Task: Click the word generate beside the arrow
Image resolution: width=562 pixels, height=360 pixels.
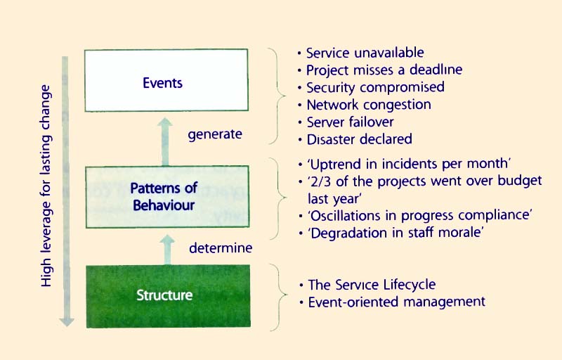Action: [x=215, y=134]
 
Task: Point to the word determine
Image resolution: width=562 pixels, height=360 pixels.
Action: [x=221, y=247]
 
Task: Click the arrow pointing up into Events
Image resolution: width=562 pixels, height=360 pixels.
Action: [x=164, y=141]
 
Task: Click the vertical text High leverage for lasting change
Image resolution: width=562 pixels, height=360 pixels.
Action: [x=47, y=186]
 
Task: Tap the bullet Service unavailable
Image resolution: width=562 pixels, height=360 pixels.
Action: [x=365, y=52]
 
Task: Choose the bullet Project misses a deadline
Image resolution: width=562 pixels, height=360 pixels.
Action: [x=384, y=70]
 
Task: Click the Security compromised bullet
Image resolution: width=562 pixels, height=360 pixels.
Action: [x=375, y=87]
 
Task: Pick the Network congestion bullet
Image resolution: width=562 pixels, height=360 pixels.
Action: [x=369, y=105]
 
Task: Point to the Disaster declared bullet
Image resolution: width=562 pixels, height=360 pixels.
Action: [x=359, y=139]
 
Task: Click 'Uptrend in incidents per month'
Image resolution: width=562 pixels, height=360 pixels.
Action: [x=399, y=164]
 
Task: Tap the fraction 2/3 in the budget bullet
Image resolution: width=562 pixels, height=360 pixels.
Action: [x=320, y=181]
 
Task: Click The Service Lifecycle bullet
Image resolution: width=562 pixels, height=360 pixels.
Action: [x=372, y=285]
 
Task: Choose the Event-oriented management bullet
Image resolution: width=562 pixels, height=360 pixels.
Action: [x=396, y=302]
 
